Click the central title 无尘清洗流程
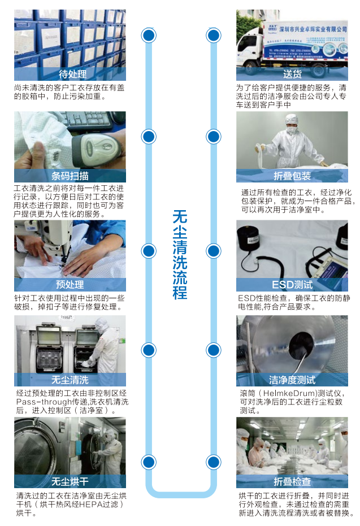pyautogui.click(x=180, y=254)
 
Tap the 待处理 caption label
pyautogui.click(x=70, y=75)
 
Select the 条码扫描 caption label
pyautogui.click(x=70, y=176)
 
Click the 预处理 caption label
pyautogui.click(x=70, y=285)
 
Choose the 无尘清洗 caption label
pyautogui.click(x=70, y=380)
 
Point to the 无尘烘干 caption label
pyautogui.click(x=70, y=481)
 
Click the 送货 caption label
pyautogui.click(x=292, y=75)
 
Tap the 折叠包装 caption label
pyautogui.click(x=292, y=176)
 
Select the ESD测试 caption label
pyautogui.click(x=292, y=285)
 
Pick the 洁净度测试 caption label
pyautogui.click(x=292, y=380)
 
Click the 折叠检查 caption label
pyautogui.click(x=292, y=481)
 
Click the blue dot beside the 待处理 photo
pyautogui.click(x=149, y=36)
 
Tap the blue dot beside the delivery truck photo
pyautogui.click(x=213, y=36)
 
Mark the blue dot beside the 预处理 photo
pyautogui.click(x=149, y=251)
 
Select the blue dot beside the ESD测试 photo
pyautogui.click(x=213, y=251)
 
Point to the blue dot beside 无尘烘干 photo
pyautogui.click(x=149, y=461)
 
